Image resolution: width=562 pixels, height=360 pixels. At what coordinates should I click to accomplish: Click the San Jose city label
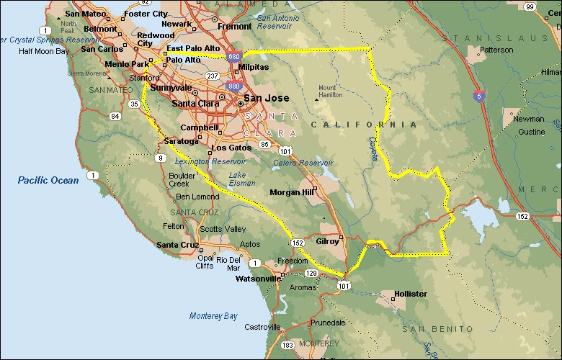coord(266,98)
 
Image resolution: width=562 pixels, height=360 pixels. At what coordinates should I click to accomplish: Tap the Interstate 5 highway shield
coord(478,94)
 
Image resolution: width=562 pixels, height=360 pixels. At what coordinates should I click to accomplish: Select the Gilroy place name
coord(327,241)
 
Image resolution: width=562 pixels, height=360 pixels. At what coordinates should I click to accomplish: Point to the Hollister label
coord(410,294)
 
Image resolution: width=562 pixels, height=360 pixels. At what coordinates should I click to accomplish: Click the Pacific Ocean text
coord(48,180)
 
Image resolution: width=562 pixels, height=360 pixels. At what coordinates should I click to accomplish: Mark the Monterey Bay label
coord(213,315)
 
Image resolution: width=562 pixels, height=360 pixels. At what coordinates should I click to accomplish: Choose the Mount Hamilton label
coord(331,91)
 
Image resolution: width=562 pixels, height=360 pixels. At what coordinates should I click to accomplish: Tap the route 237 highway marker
coord(213,76)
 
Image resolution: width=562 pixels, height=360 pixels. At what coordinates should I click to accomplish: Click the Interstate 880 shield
coord(233,86)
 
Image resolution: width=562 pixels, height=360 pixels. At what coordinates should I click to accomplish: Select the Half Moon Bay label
coord(44,51)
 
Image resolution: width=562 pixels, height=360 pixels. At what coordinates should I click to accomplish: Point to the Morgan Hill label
coord(291,192)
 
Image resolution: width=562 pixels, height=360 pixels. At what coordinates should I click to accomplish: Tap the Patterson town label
coord(496,50)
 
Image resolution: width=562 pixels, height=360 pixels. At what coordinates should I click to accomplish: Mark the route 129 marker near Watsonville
coord(311,274)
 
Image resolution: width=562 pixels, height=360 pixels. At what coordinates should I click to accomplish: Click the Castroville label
coord(262,326)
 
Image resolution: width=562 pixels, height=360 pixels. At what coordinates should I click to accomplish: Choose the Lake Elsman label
coord(241,179)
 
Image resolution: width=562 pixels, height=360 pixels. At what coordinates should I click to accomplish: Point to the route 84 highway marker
coord(115,115)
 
